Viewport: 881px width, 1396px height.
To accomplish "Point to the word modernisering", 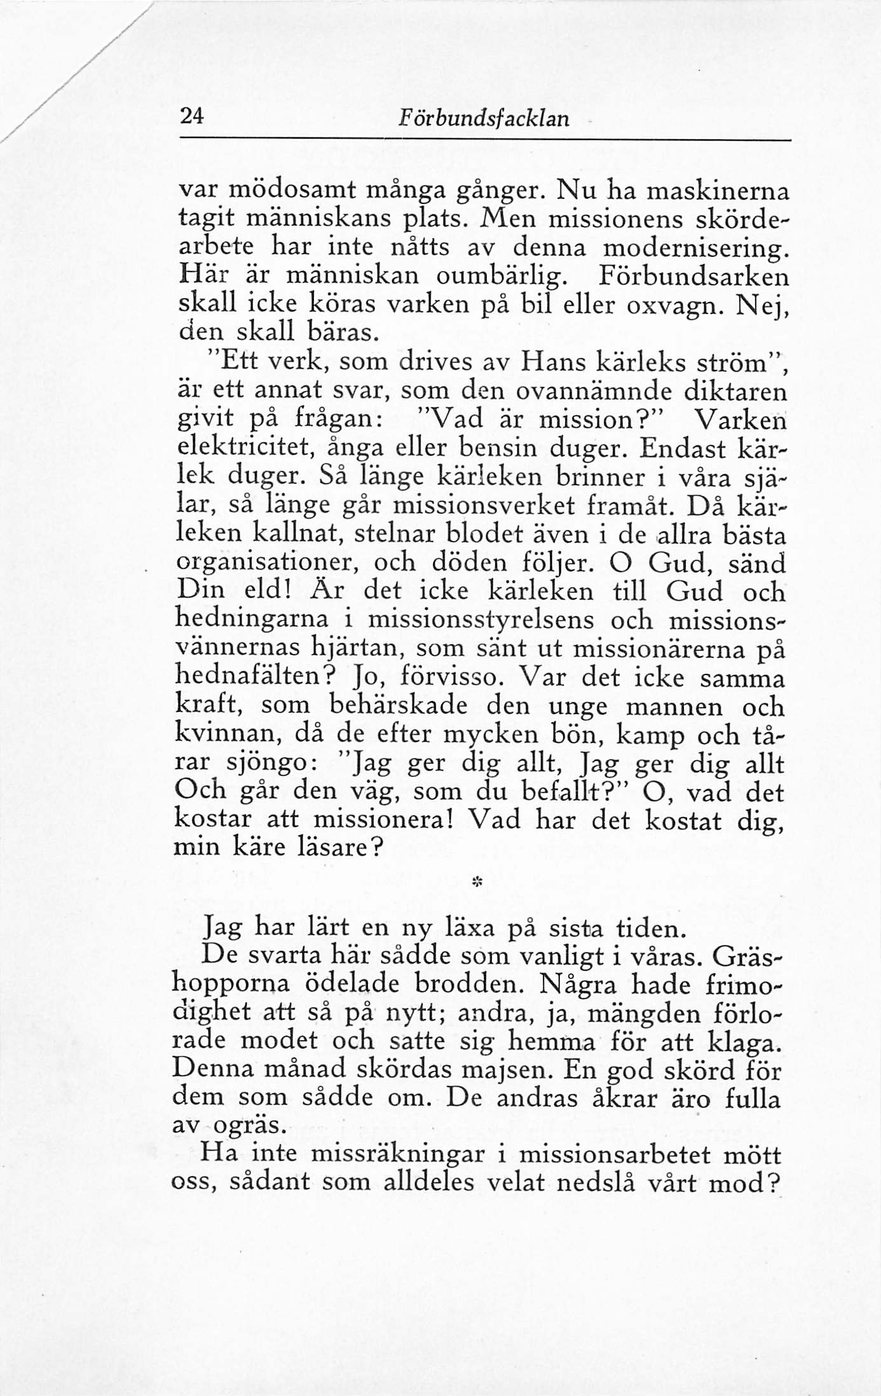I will (x=692, y=247).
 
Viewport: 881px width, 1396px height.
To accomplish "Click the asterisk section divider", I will (x=476, y=882).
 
